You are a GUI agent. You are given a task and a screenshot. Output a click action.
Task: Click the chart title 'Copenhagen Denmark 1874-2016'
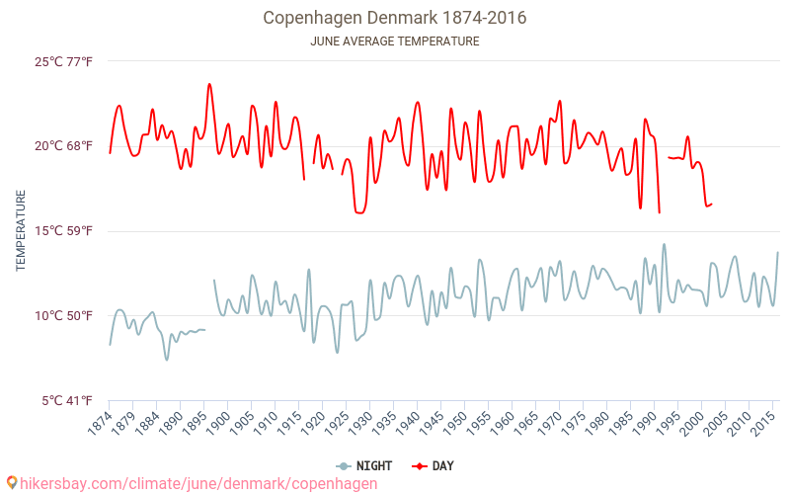(394, 18)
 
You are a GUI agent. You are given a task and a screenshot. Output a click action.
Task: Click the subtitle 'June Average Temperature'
(394, 41)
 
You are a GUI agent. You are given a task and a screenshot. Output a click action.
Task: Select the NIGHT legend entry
(364, 465)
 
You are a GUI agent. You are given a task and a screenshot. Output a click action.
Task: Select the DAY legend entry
(433, 465)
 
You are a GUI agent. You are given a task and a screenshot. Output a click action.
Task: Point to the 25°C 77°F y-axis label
(64, 62)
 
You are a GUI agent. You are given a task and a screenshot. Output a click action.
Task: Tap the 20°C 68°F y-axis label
(64, 146)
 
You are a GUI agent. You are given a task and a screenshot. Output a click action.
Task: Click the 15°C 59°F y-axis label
(64, 231)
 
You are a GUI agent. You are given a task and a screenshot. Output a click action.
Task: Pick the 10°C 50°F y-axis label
(64, 316)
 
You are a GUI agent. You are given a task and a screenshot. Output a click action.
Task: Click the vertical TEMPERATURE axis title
(21, 231)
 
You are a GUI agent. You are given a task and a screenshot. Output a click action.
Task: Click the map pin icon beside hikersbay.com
(11, 483)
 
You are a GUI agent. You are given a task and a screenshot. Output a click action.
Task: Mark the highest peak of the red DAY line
(209, 84)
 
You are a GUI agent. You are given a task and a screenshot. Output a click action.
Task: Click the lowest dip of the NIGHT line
(167, 360)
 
